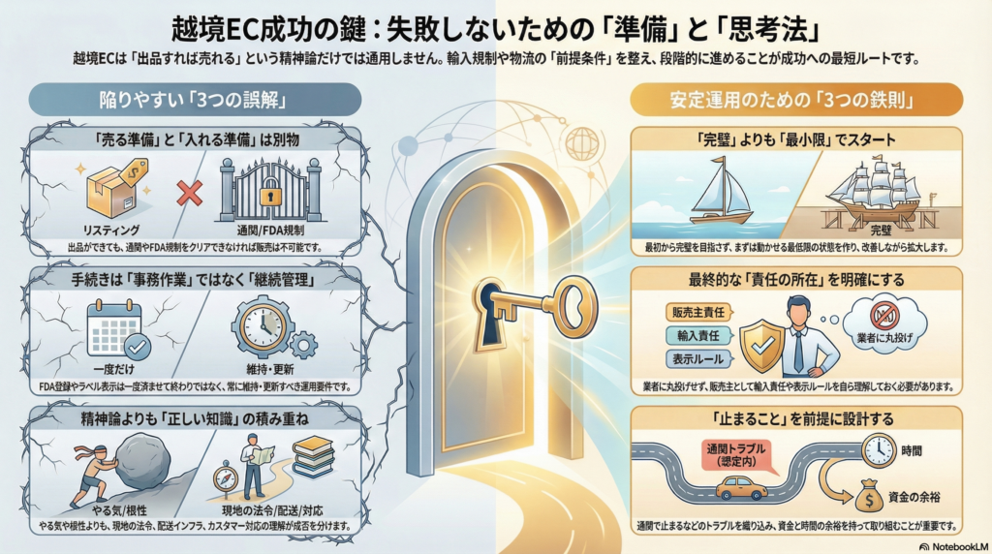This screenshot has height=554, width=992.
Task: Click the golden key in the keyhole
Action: (x=538, y=305)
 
